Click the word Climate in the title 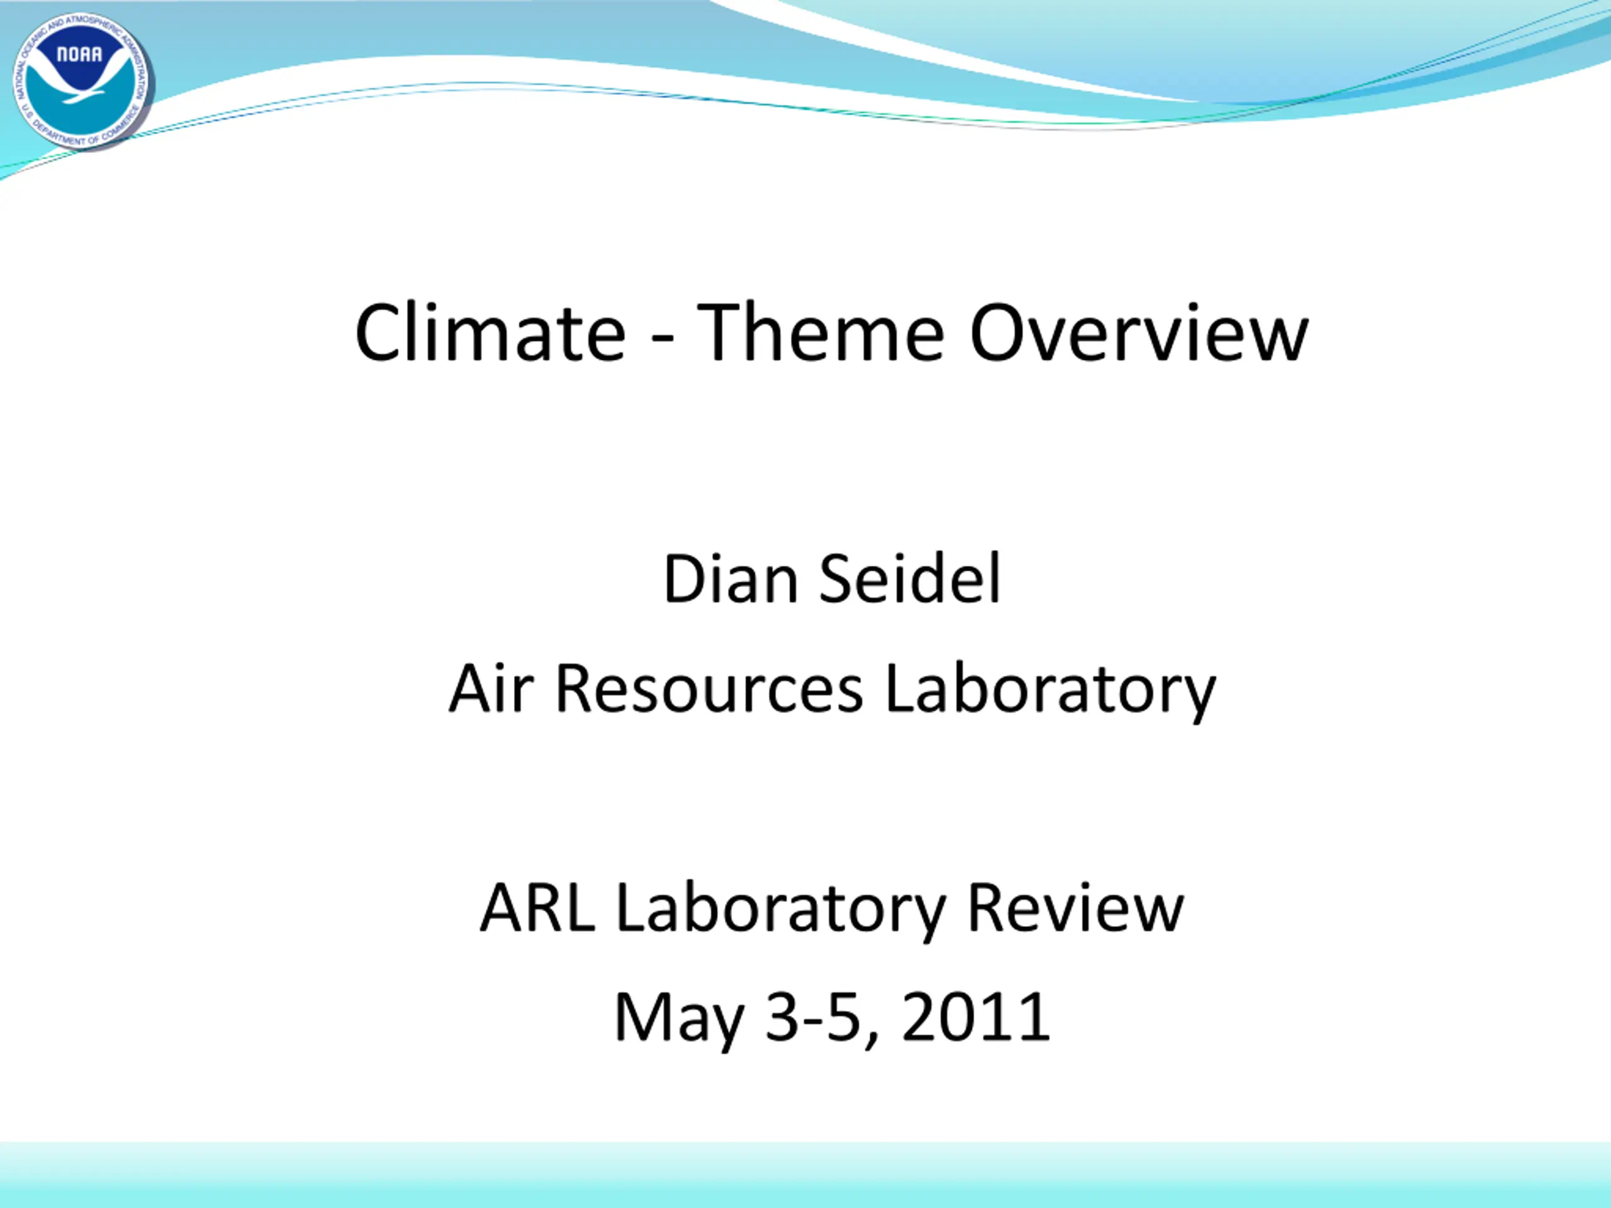[x=490, y=332]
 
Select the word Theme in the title [x=821, y=332]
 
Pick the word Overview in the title [x=1139, y=332]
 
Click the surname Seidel [x=911, y=579]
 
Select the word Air [x=491, y=688]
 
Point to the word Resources [x=709, y=689]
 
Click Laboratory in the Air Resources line [x=1050, y=691]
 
